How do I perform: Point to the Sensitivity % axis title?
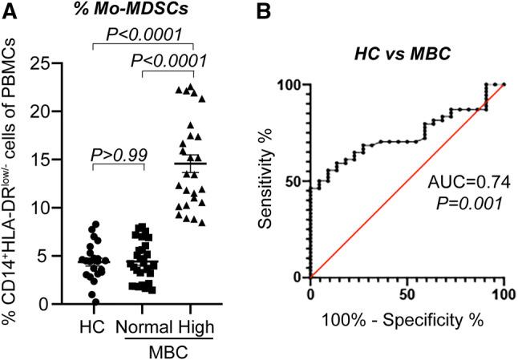272,181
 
